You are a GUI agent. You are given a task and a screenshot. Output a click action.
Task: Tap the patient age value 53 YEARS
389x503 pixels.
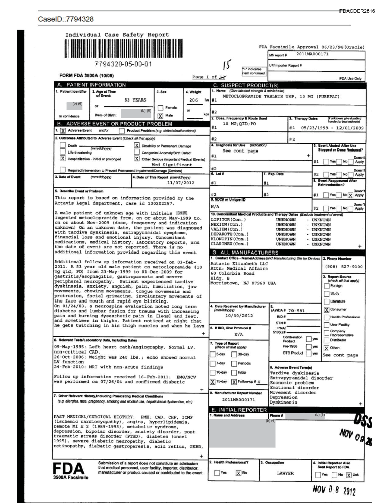point(136,100)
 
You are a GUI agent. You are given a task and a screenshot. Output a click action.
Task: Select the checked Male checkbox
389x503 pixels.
point(161,115)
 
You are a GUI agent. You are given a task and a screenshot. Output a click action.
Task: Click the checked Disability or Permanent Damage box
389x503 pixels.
point(136,145)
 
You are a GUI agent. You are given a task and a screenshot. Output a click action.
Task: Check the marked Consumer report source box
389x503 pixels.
point(326,309)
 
